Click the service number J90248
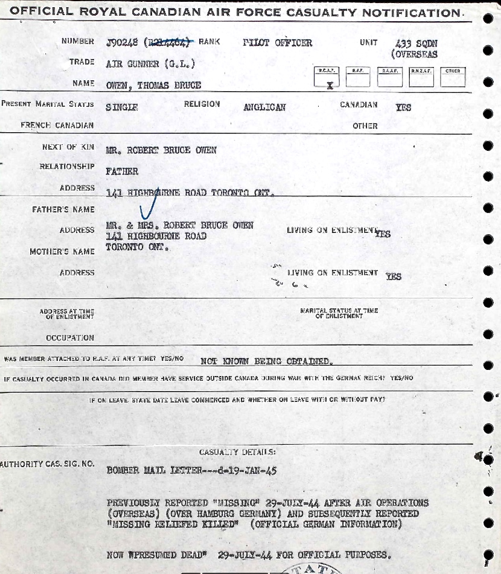122,42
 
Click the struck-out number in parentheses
168,42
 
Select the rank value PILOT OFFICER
278,42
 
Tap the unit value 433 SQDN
416,43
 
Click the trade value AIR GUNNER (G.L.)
150,63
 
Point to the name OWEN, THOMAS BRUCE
153,85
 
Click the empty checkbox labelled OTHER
453,80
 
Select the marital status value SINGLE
122,107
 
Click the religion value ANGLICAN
264,107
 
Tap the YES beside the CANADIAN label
403,107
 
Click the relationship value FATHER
122,171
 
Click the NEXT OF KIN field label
68,147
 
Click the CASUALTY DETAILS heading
237,451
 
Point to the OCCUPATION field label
70,338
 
